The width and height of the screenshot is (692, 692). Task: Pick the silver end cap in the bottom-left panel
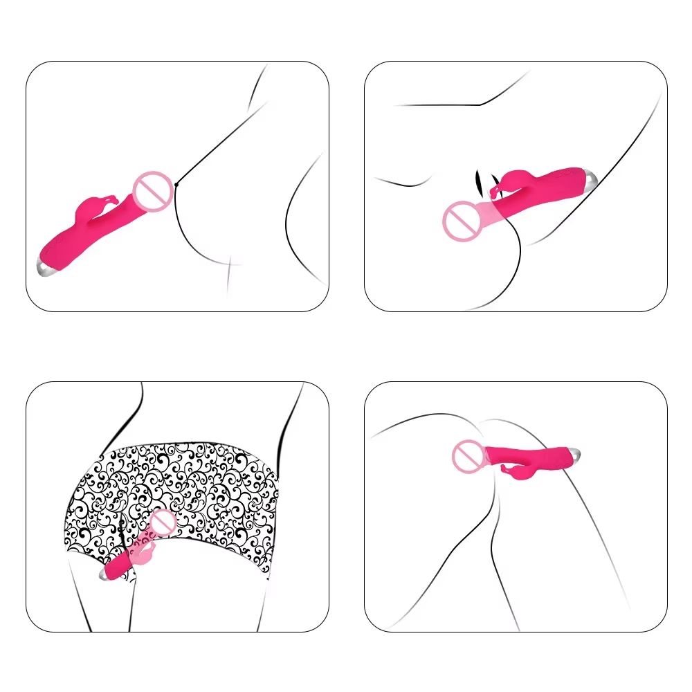[x=107, y=574]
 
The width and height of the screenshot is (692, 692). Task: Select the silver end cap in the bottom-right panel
[x=576, y=455]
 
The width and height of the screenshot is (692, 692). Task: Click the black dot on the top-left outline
[x=178, y=184]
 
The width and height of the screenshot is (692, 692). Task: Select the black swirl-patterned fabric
[x=208, y=484]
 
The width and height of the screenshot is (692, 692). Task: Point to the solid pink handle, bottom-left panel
[x=125, y=564]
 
